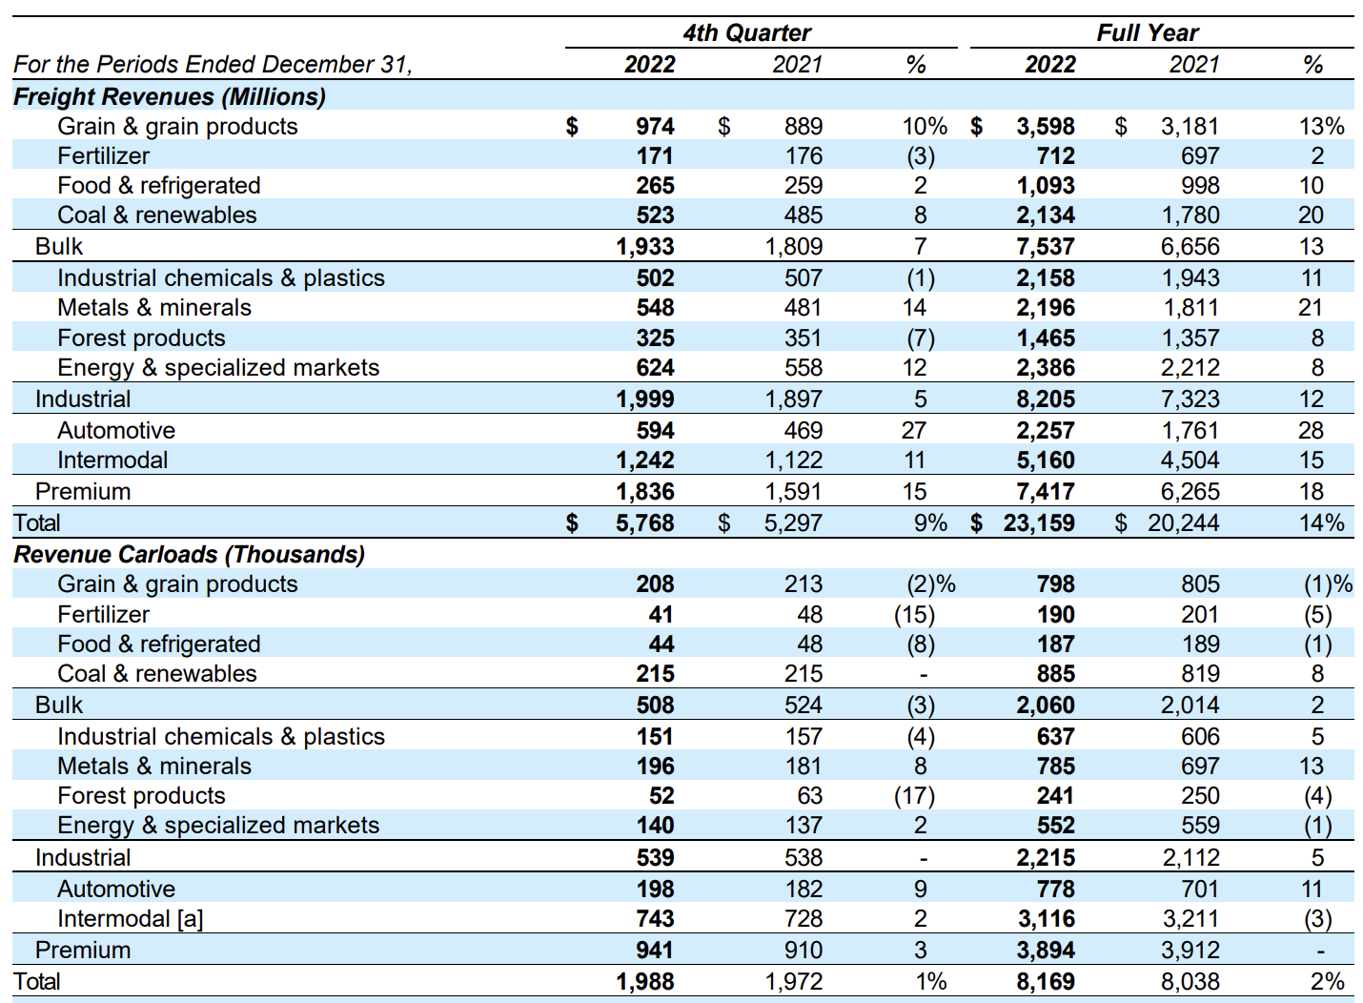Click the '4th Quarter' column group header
746,32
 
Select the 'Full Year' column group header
1147,32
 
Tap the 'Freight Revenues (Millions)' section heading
170,96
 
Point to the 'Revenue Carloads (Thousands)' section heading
189,554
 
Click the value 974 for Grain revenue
655,126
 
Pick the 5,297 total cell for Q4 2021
793,522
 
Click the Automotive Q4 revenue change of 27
914,430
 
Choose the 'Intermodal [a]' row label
130,918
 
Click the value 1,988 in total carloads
645,981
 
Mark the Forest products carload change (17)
914,795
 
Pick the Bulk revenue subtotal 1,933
645,246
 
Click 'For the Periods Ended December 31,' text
213,64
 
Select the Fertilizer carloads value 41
661,614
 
